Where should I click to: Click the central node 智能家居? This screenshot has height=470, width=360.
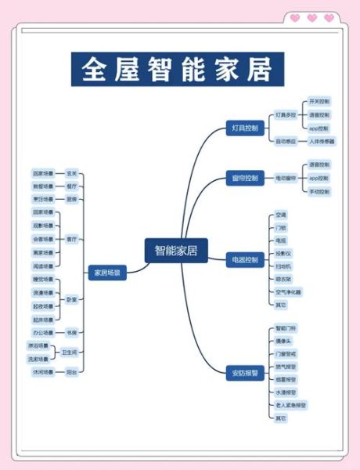click(x=176, y=251)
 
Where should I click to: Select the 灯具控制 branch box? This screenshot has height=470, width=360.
click(x=244, y=127)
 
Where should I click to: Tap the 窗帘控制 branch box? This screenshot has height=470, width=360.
click(x=244, y=178)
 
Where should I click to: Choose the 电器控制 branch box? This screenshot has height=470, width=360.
click(x=244, y=258)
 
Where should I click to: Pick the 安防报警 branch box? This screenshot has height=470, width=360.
click(x=244, y=371)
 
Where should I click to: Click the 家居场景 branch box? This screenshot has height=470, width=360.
click(x=106, y=273)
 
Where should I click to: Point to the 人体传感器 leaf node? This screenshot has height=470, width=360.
click(x=321, y=141)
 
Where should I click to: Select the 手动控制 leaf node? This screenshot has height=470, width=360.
click(x=319, y=191)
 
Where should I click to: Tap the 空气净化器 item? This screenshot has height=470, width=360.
click(x=288, y=291)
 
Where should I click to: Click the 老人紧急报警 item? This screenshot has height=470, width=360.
click(x=290, y=404)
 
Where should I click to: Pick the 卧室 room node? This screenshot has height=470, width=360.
click(x=71, y=298)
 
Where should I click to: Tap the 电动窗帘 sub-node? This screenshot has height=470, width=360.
click(x=285, y=178)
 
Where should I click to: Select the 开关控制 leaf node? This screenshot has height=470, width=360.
click(x=319, y=102)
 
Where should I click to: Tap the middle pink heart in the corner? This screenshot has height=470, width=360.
click(x=311, y=18)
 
